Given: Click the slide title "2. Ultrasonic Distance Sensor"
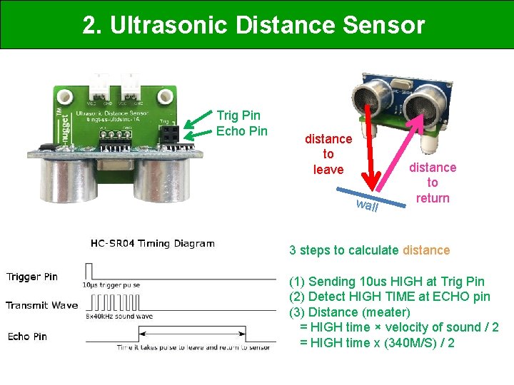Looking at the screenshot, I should coord(253,25).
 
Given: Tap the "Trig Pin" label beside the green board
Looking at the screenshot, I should coord(238,115).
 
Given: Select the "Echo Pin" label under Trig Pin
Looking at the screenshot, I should coord(241,130).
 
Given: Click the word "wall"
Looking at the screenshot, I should coord(367,206).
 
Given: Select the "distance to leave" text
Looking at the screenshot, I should coord(328,154).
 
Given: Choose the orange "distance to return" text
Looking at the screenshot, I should coord(433,183).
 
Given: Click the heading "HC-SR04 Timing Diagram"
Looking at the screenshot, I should coord(152,243).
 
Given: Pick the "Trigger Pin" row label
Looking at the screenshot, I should coord(32,277).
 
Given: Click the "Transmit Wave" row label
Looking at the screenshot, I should coord(41,305).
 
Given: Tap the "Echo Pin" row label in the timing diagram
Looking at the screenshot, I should coord(27,336).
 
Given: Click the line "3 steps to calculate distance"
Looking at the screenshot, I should coord(369,250).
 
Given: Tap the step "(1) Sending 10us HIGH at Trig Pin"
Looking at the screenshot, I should coord(386,282).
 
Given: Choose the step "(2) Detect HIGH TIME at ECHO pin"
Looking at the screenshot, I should coord(389,297).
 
